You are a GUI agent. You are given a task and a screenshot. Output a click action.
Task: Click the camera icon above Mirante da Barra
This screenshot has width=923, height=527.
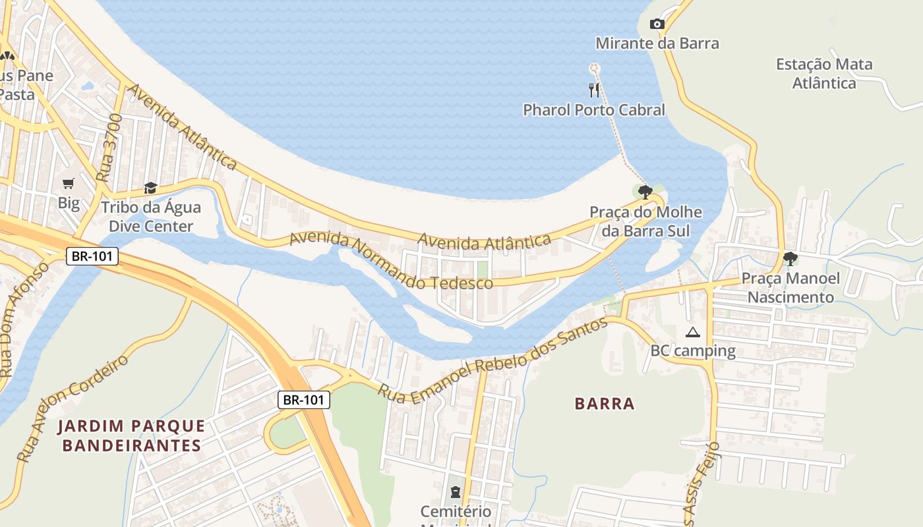[657, 24]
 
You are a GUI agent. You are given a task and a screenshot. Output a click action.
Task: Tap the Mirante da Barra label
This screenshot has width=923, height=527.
[657, 43]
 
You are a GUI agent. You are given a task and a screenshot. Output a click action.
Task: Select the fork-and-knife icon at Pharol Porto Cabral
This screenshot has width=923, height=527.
[594, 90]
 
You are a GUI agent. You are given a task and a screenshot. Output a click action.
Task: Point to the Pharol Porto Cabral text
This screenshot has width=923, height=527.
[594, 110]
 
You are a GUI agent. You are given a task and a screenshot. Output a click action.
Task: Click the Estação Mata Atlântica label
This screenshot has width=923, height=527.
[824, 74]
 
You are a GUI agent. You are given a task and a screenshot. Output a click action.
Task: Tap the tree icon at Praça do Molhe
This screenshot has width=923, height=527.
[645, 192]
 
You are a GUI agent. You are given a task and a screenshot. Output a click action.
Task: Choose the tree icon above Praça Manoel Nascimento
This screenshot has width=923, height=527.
[790, 258]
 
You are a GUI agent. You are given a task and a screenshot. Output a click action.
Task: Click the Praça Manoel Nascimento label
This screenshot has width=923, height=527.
[790, 288]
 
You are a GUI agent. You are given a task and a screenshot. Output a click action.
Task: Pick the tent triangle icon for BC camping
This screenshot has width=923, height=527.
[692, 333]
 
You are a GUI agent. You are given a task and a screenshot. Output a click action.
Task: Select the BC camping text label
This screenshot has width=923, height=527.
[693, 350]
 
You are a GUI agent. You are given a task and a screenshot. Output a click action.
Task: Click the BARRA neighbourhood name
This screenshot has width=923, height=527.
[605, 404]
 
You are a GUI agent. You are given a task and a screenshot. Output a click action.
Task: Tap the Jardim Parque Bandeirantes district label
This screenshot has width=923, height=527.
[131, 435]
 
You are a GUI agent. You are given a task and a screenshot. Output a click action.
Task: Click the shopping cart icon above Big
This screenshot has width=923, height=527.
[69, 184]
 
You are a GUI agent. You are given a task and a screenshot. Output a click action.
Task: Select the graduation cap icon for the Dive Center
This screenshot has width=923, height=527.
[150, 188]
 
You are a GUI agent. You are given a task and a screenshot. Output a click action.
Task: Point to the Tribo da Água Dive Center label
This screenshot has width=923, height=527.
[151, 217]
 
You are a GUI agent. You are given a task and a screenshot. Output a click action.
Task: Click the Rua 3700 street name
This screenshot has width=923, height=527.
[110, 148]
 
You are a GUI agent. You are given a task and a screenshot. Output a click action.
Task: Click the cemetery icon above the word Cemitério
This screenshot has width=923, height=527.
[455, 492]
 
